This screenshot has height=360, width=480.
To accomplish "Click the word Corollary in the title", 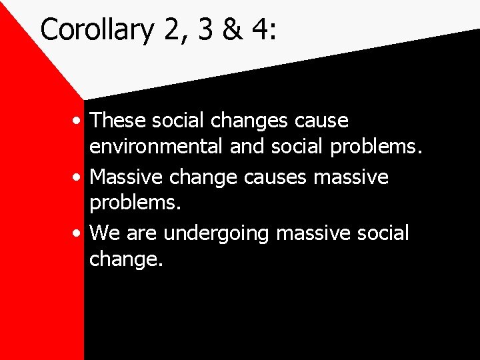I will [x=97, y=30].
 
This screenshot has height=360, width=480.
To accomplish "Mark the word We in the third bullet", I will [x=103, y=233].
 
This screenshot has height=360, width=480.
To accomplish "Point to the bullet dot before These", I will [x=79, y=122].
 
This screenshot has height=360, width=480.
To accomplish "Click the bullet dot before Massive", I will [x=79, y=178].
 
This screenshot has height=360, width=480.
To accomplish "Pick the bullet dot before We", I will [x=79, y=234].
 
